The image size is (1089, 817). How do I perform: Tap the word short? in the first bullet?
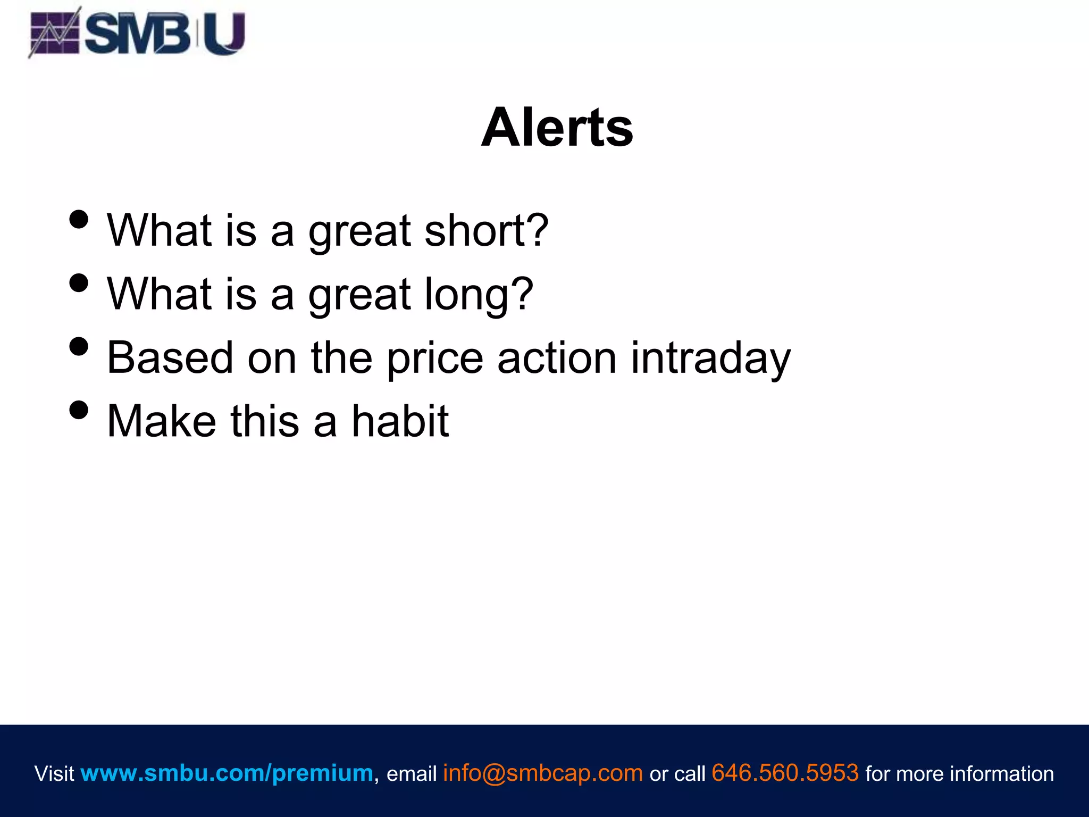point(486,231)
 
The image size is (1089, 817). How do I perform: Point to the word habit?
point(400,421)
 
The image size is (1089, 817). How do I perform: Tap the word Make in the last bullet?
point(162,421)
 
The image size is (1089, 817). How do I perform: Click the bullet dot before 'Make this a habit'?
point(79,410)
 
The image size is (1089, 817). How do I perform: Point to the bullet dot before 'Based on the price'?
point(79,346)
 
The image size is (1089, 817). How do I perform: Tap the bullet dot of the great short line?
point(79,219)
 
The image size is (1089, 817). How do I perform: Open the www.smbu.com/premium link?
point(227,773)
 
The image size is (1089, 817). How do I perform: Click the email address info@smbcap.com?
point(543,773)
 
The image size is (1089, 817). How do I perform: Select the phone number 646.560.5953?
point(785,773)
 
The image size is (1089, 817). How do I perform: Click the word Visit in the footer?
point(54,774)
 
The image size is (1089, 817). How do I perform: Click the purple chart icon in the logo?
point(54,33)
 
